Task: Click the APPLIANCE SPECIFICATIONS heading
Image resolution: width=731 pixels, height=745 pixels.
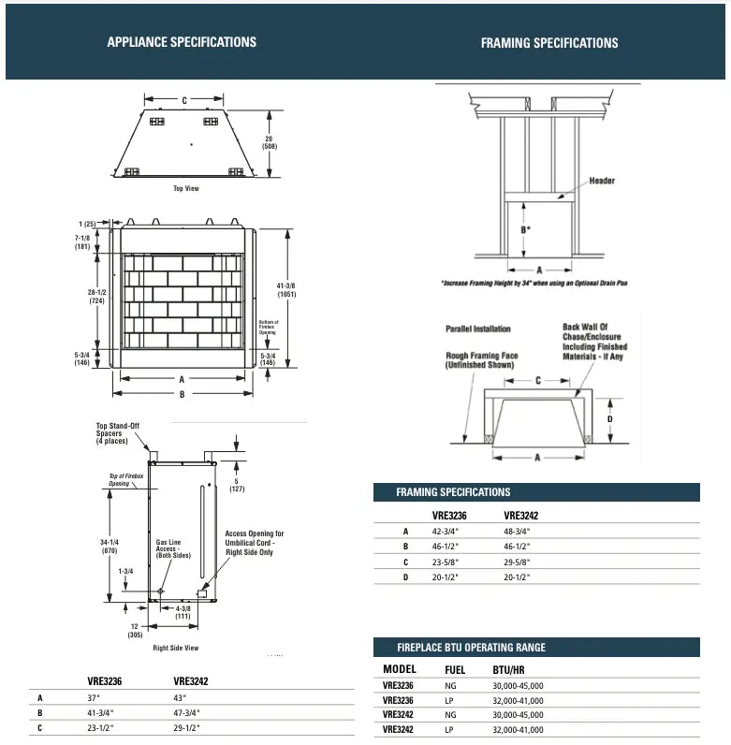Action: [x=182, y=42]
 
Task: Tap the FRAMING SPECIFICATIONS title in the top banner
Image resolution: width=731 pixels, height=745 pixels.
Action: [x=549, y=43]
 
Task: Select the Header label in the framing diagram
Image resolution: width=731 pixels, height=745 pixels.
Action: [x=602, y=181]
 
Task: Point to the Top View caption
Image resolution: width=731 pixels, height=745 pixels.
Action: [x=186, y=189]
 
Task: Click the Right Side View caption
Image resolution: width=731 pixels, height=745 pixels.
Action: [x=176, y=648]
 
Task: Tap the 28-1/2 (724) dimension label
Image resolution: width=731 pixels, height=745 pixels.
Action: [x=97, y=297]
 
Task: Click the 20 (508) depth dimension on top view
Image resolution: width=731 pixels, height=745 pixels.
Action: [x=270, y=142]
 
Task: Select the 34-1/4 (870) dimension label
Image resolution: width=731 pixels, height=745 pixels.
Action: [x=109, y=547]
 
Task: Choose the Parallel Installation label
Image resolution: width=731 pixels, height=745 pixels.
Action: [x=478, y=329]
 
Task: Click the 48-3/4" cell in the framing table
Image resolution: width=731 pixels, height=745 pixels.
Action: [x=517, y=531]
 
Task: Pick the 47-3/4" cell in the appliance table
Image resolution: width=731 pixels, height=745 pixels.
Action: [x=187, y=712]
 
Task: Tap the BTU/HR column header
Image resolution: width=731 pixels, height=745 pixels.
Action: [x=509, y=670]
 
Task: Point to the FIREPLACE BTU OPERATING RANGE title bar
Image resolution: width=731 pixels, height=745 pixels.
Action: [x=471, y=648]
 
